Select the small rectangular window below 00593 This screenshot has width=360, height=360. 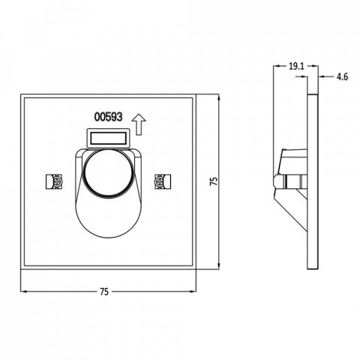pyautogui.click(x=109, y=138)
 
